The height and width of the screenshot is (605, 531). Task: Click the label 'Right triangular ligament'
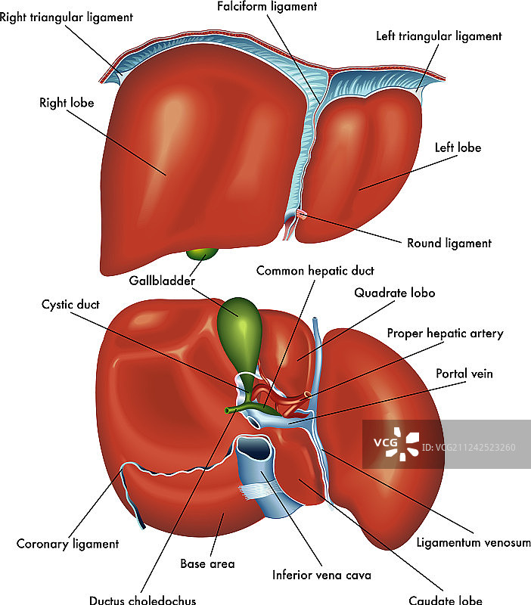67,17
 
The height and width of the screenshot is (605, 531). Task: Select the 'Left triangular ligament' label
439,36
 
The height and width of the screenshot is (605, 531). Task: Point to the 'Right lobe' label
67,102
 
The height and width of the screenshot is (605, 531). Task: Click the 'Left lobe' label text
458,147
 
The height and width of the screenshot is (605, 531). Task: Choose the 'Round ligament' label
449,244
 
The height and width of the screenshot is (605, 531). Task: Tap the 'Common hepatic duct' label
315,270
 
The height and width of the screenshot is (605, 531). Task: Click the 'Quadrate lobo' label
395,293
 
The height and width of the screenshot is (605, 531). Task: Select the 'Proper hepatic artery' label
445,333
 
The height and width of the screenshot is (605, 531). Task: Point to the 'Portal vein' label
461,374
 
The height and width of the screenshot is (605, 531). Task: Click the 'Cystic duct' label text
70,305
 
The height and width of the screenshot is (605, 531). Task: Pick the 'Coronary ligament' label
67,544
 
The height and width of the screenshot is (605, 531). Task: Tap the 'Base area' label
207,563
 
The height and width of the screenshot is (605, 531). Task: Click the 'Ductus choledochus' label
142,600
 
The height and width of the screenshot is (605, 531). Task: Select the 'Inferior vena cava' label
322,575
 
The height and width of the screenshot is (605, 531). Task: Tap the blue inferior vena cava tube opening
253,449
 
